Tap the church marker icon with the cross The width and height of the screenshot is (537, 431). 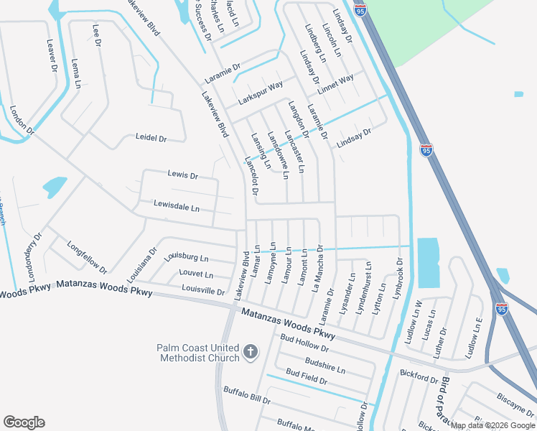coord(250,352)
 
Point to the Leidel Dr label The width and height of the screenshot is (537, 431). coord(151,138)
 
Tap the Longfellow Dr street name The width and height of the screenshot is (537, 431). coord(87,256)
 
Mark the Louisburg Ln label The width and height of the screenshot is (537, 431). coord(186,257)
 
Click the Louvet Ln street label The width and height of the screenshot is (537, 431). coord(196,274)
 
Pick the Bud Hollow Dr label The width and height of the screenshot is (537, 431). coord(304,343)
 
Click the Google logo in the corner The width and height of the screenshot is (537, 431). coord(24,422)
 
